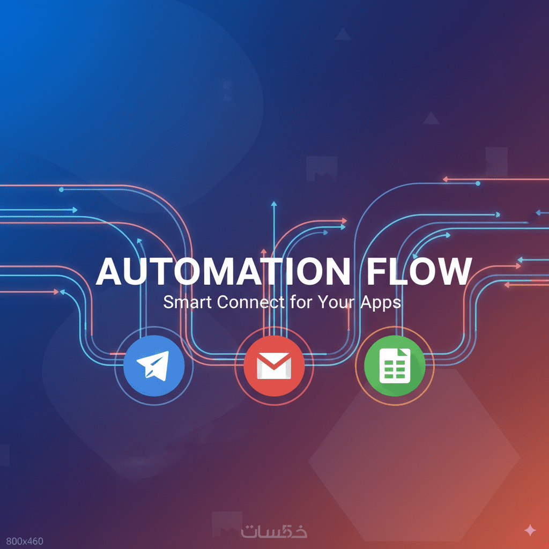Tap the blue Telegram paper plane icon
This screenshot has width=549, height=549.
154,366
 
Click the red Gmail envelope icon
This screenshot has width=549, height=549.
274,366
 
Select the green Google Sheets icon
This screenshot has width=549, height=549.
395,366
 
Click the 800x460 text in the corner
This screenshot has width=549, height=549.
22,541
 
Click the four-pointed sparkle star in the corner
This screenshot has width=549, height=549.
530,531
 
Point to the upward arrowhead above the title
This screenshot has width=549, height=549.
274,204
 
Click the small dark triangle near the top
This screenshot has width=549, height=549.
343,35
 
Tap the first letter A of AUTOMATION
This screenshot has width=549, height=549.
109,272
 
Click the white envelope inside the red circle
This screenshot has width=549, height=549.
274,367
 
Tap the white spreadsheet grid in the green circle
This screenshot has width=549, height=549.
395,366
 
